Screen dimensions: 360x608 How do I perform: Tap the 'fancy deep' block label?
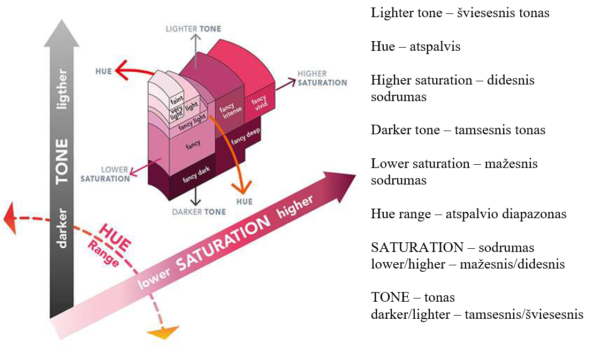(245, 140)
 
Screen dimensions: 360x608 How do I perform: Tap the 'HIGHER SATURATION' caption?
(322, 78)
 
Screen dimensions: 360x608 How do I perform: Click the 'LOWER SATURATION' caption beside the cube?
(105, 174)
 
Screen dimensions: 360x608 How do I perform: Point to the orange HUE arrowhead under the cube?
(244, 188)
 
